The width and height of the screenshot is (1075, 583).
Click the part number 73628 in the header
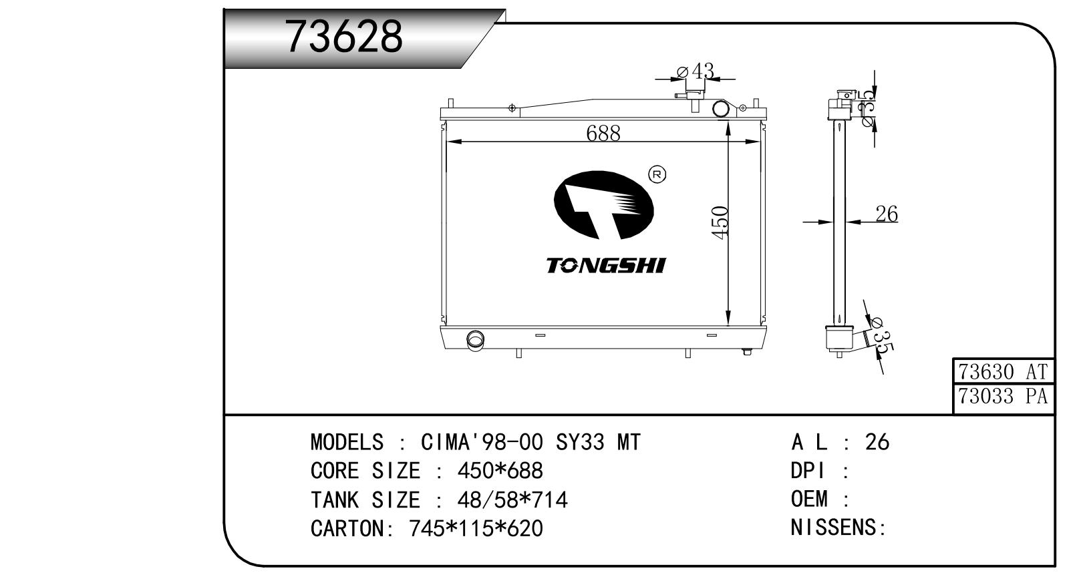coord(343,37)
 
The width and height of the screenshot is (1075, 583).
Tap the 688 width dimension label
coord(603,133)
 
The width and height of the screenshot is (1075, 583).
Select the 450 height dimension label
coord(720,222)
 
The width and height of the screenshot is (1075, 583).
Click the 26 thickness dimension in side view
coord(887,214)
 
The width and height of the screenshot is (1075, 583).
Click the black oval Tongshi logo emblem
coord(604,205)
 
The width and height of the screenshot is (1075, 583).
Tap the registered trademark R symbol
coord(657,175)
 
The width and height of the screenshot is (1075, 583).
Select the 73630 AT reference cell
coord(1003,372)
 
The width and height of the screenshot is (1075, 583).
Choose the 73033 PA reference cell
coord(1003,397)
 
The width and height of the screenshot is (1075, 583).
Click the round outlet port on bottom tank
coord(475,340)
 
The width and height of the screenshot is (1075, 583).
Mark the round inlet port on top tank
coord(720,109)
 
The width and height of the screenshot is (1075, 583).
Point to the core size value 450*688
coord(500,471)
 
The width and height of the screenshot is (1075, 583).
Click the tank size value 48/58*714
coord(512,500)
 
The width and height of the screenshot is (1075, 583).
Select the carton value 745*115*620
coord(476,528)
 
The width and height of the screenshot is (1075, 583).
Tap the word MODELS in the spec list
coord(347,442)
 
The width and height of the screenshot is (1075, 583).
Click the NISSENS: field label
coord(838,528)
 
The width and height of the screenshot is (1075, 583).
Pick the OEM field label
coord(809,499)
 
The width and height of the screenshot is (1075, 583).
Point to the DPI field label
coord(808,471)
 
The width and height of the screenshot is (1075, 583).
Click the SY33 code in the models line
coord(580,442)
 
